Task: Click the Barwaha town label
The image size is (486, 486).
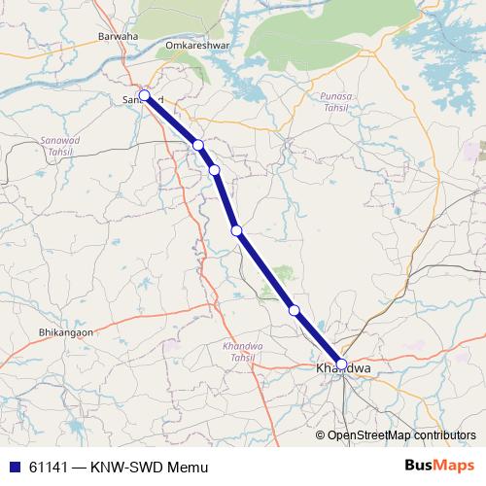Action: tap(119, 37)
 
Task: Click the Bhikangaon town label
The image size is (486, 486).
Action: tap(65, 332)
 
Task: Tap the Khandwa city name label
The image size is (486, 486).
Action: tap(343, 370)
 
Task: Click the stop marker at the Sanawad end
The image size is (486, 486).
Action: tap(144, 95)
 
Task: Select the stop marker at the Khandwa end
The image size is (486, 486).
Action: tap(340, 364)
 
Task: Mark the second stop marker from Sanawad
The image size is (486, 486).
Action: tap(198, 145)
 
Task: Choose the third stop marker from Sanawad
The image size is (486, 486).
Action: tap(214, 170)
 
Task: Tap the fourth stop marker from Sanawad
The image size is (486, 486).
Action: tap(236, 230)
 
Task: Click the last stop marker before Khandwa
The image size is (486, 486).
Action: tap(295, 310)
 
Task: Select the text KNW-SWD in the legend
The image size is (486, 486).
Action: tap(126, 467)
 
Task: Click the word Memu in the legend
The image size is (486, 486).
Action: tap(188, 467)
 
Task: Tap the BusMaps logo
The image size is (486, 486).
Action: tap(439, 466)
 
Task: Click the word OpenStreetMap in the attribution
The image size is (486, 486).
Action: tap(364, 435)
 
